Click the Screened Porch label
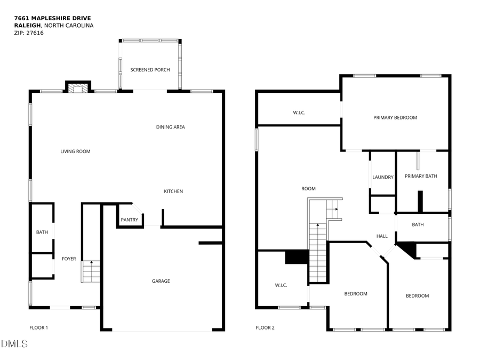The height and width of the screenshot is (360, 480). [150, 70]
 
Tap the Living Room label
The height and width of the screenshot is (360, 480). [75, 151]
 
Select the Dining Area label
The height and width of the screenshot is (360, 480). [170, 127]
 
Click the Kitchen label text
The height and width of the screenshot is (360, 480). [173, 191]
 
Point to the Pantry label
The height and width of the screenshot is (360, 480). [129, 220]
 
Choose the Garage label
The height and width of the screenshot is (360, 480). [161, 281]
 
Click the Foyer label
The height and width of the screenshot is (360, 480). [69, 259]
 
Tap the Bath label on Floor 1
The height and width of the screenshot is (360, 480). [42, 233]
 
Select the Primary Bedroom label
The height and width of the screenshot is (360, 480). [395, 117]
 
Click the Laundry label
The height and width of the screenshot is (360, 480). [382, 177]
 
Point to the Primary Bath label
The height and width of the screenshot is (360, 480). [421, 176]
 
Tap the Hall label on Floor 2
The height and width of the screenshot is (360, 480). [382, 236]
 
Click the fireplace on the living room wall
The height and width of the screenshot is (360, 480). [78, 87]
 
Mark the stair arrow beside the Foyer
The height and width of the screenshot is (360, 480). [91, 262]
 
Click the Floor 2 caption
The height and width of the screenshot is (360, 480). [265, 327]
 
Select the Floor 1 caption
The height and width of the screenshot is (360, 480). [38, 327]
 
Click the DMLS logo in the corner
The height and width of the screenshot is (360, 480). [14, 344]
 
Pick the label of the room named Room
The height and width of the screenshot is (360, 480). [308, 188]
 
